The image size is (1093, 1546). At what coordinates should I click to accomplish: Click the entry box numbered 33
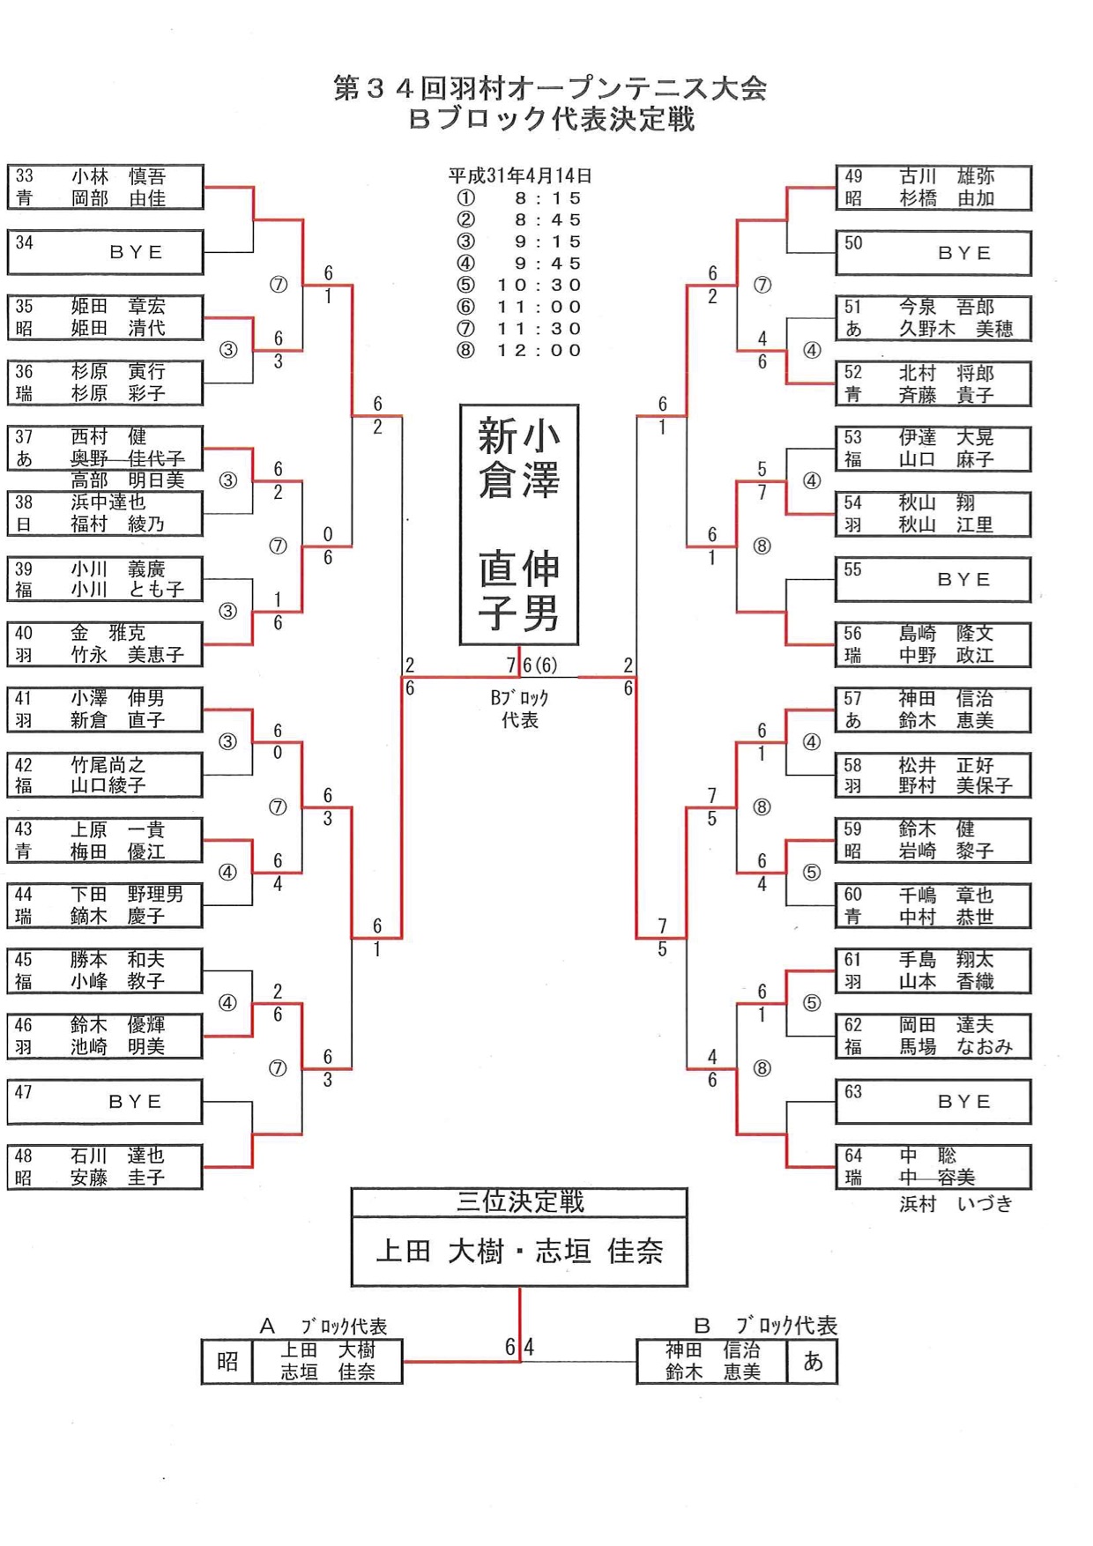click(106, 187)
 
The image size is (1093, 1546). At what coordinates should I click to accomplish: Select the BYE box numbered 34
click(106, 252)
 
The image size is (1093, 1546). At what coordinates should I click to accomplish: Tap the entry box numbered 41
click(106, 710)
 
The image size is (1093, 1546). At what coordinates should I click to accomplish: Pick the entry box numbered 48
click(106, 1166)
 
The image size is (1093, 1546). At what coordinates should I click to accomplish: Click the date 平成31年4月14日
click(519, 175)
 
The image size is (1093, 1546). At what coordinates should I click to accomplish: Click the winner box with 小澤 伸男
click(519, 524)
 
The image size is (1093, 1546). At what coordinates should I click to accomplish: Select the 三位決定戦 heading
click(519, 1201)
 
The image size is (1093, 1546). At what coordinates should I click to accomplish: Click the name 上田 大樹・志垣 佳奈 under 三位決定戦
click(519, 1251)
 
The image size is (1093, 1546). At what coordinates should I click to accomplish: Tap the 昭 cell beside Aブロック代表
click(227, 1362)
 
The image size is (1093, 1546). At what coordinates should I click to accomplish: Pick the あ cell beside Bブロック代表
click(812, 1362)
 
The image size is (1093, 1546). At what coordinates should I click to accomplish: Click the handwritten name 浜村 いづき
click(955, 1204)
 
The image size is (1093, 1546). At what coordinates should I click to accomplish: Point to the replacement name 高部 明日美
click(128, 480)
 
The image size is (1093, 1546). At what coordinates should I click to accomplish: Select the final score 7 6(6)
click(532, 665)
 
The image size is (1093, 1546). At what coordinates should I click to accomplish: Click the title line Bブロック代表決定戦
click(552, 119)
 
